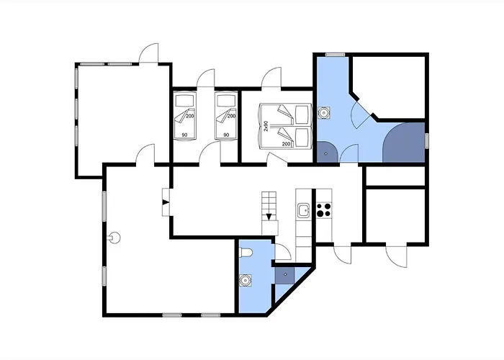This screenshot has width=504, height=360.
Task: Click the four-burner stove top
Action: coord(324,210)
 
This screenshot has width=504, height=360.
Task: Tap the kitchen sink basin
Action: coord(303,210)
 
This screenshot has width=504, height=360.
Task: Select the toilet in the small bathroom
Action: coord(246,253)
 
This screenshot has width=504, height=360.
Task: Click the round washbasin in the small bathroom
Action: coord(246,281)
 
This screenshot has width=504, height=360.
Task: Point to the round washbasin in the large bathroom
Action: coord(324,112)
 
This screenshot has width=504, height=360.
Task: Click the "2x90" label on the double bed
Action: coord(266,126)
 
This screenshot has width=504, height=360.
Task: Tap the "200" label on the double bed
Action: coord(286,144)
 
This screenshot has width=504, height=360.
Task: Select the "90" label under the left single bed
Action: coord(184,135)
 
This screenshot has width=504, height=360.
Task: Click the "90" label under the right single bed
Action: coord(226,135)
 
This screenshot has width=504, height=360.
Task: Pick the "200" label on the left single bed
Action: coord(190,116)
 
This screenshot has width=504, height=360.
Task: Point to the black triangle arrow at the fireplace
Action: coord(166,202)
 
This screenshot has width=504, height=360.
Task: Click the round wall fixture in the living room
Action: coord(114,238)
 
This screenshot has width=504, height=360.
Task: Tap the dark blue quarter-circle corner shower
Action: coord(326,152)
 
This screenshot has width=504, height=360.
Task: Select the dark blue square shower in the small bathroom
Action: coord(285,275)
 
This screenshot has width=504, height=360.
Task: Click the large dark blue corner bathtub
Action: coord(405,144)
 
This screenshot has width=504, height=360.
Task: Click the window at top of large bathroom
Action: coord(335,55)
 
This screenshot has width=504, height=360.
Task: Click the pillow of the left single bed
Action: coord(184,102)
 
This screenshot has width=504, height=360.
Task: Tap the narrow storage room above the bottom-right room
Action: coord(396,176)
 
